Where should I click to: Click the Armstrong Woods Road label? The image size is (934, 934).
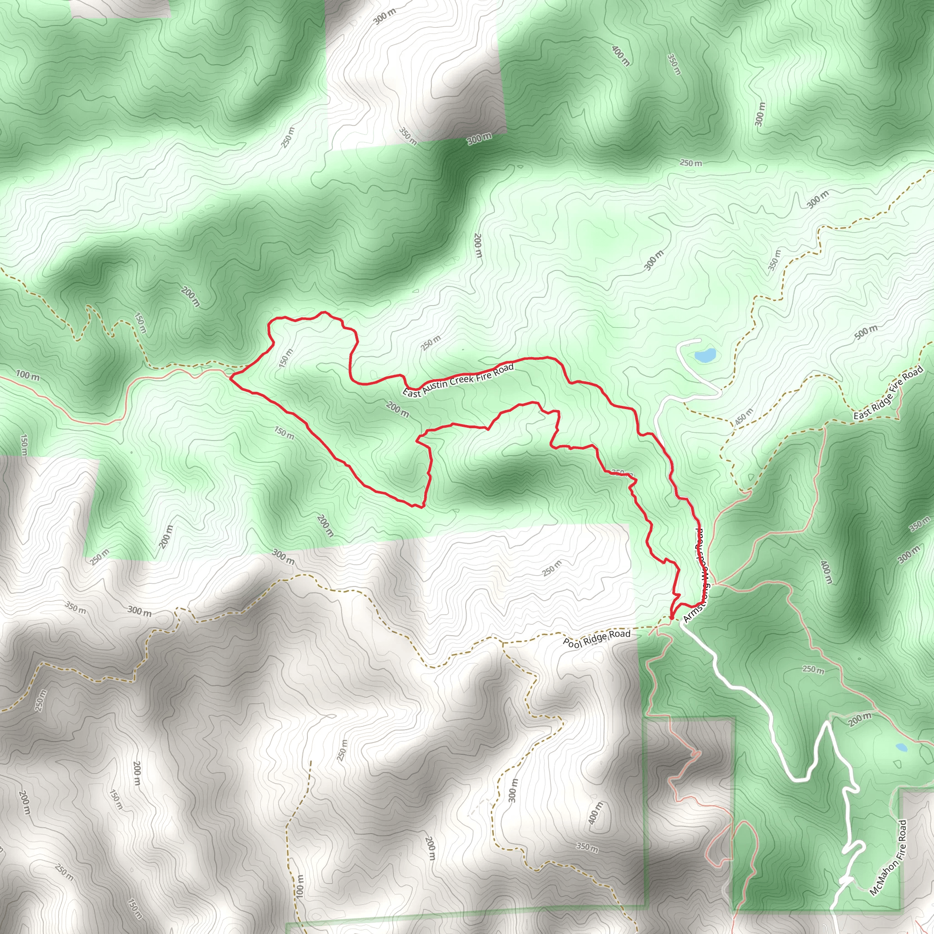tap(699, 575)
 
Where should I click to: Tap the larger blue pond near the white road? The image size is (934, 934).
tap(705, 356)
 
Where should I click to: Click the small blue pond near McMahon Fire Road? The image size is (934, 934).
tap(901, 747)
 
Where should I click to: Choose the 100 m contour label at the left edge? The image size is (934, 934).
tap(27, 375)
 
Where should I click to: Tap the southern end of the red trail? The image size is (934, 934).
tap(672, 617)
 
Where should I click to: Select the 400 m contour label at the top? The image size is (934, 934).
tap(620, 56)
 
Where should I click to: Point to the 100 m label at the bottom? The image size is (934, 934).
tap(300, 886)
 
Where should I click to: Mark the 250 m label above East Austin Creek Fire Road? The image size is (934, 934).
tap(430, 343)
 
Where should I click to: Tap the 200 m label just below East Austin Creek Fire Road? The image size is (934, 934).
tap(397, 410)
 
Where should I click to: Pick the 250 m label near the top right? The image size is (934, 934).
tap(691, 163)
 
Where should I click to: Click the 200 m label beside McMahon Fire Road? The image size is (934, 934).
tap(860, 720)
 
